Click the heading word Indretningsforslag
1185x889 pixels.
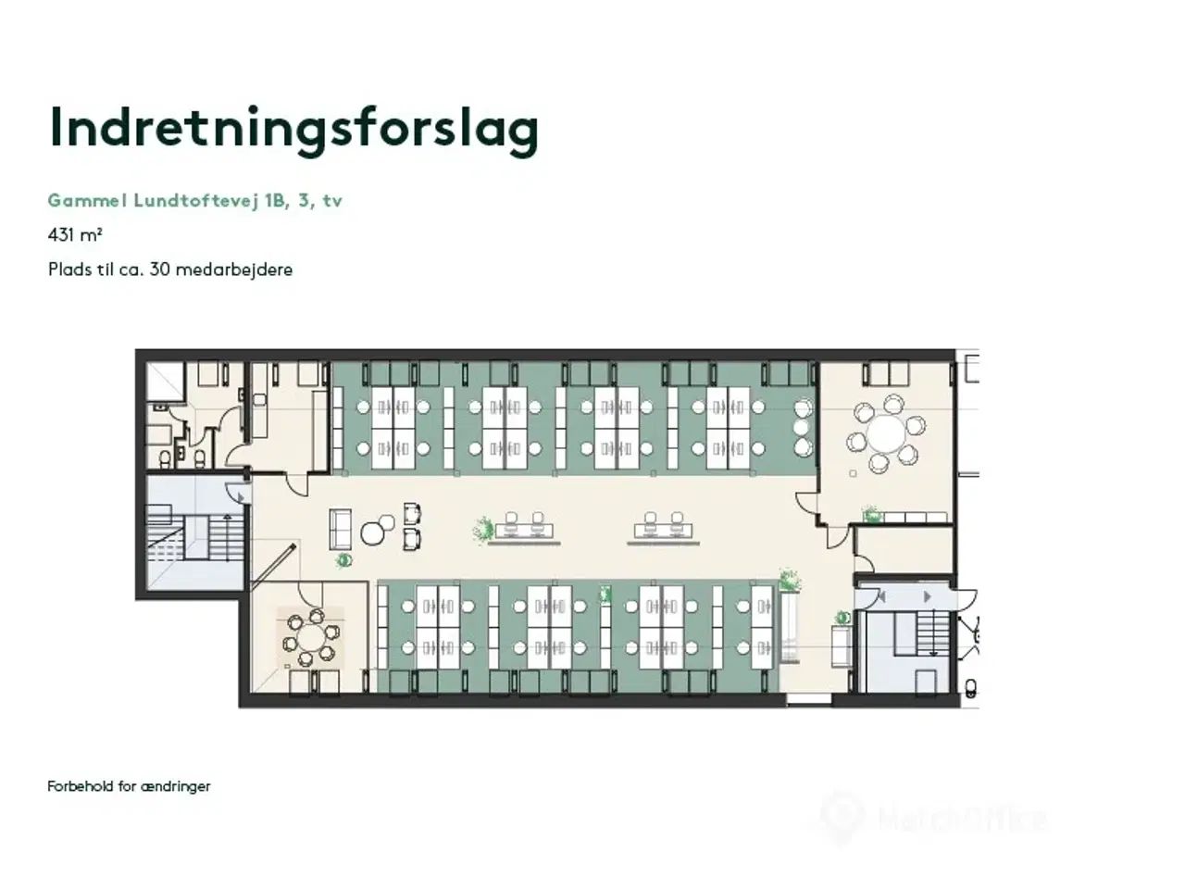tap(293, 129)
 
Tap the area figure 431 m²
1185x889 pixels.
tap(75, 235)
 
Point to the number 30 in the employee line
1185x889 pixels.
tap(159, 269)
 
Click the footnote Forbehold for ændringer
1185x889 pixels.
tap(129, 786)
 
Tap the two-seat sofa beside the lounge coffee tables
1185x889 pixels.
tap(341, 528)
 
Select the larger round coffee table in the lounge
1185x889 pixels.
tap(373, 532)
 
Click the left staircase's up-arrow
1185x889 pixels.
tap(240, 498)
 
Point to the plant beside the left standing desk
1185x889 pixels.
tap(482, 530)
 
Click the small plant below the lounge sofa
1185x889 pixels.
tap(343, 559)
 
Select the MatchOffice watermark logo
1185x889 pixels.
tap(935, 819)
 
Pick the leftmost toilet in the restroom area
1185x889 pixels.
tap(164, 457)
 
